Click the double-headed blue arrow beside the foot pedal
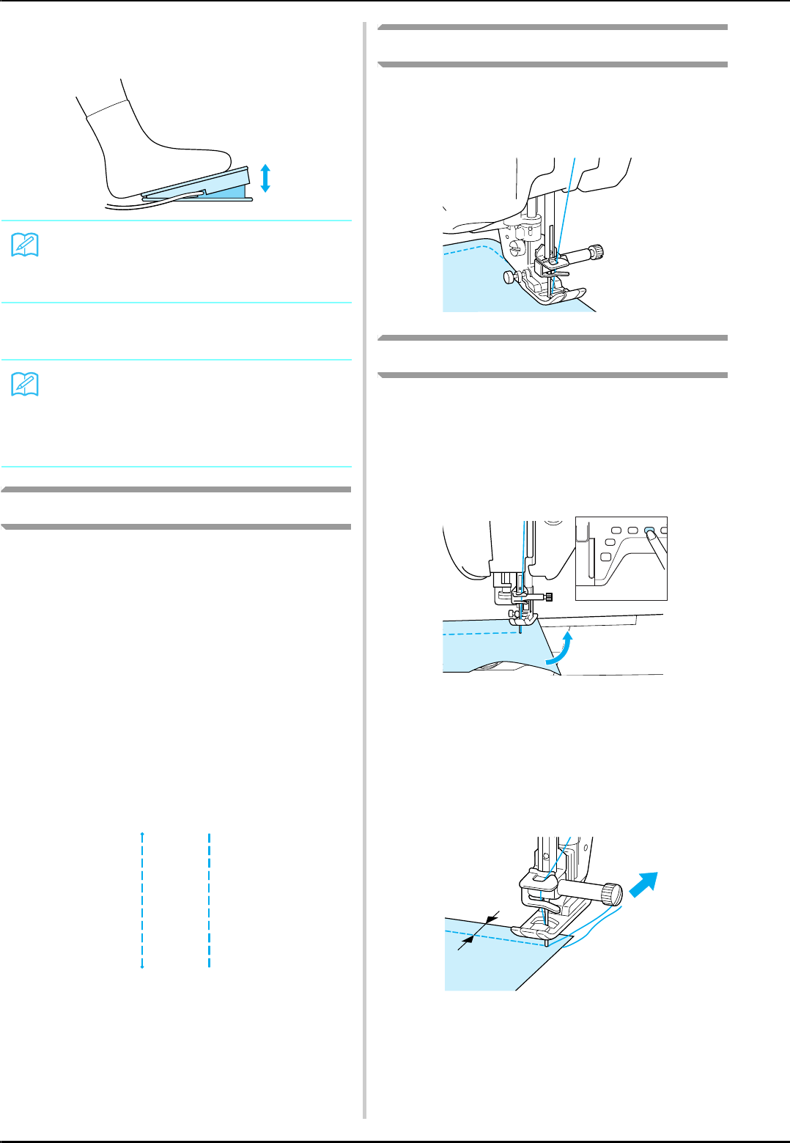(x=265, y=178)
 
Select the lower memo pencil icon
(x=25, y=385)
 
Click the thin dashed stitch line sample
(x=142, y=900)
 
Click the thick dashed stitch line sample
(x=210, y=900)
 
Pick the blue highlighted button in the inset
(x=649, y=530)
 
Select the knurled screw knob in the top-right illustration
(x=597, y=252)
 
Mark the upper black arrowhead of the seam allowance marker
(x=490, y=919)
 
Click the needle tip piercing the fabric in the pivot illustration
(x=520, y=629)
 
